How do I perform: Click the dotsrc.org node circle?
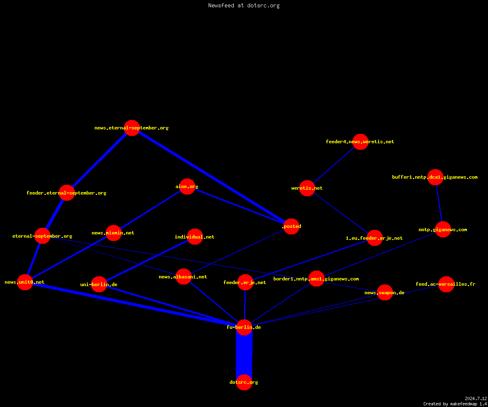(x=244, y=382)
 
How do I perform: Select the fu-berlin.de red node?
(x=244, y=327)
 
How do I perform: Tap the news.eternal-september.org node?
(x=132, y=128)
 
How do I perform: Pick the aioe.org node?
(x=187, y=186)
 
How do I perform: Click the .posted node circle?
(x=292, y=226)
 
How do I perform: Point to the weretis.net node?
(x=307, y=188)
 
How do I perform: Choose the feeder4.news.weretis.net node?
(x=360, y=142)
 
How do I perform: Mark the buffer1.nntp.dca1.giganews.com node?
(x=435, y=177)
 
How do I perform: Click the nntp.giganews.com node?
(x=443, y=230)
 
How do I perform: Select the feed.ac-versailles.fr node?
(x=446, y=284)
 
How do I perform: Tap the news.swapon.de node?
(x=385, y=292)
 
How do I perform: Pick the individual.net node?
(x=195, y=237)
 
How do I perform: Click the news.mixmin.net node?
(x=113, y=233)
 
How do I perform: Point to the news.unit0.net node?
(x=25, y=282)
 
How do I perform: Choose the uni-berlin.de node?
(x=99, y=284)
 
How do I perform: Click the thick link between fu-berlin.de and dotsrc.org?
(x=244, y=355)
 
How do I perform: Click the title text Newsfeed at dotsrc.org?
(x=244, y=5)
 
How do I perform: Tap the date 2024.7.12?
(x=476, y=398)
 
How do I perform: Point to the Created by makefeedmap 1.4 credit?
(x=455, y=404)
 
